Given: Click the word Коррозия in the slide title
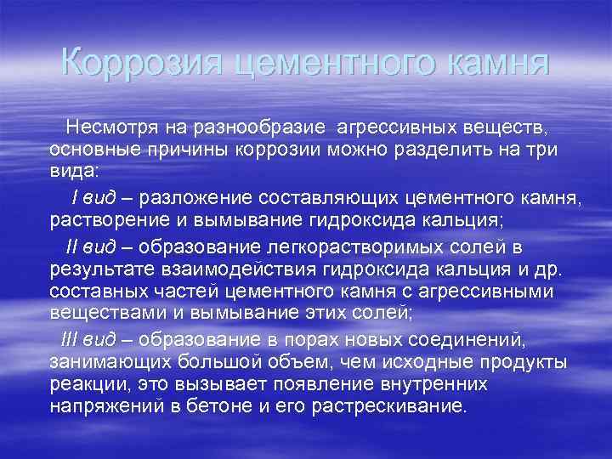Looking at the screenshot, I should click(x=139, y=64).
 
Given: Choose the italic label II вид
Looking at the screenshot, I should click(x=91, y=247).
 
